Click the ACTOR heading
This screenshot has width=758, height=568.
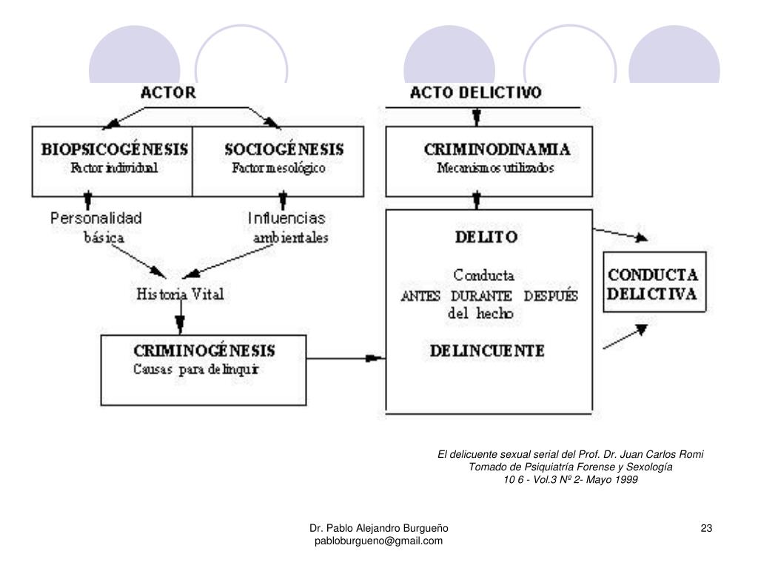168,93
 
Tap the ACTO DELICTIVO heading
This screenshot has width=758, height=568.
476,93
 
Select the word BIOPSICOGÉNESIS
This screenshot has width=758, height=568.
114,149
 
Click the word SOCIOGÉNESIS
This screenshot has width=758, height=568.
284,149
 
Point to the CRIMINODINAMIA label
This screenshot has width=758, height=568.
497,149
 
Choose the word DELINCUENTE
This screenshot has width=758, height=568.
489,351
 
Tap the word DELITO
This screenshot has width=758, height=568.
486,237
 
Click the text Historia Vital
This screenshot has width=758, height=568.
180,294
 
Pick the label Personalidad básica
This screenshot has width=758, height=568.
96,228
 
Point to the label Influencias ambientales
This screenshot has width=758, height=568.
288,228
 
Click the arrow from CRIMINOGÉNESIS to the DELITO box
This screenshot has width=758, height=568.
346,359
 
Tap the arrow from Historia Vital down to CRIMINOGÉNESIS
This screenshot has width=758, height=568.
179,319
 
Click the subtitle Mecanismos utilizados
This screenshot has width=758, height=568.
495,168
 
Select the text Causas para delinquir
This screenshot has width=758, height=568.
195,369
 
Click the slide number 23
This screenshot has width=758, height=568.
706,528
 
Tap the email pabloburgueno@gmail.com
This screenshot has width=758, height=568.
378,541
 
